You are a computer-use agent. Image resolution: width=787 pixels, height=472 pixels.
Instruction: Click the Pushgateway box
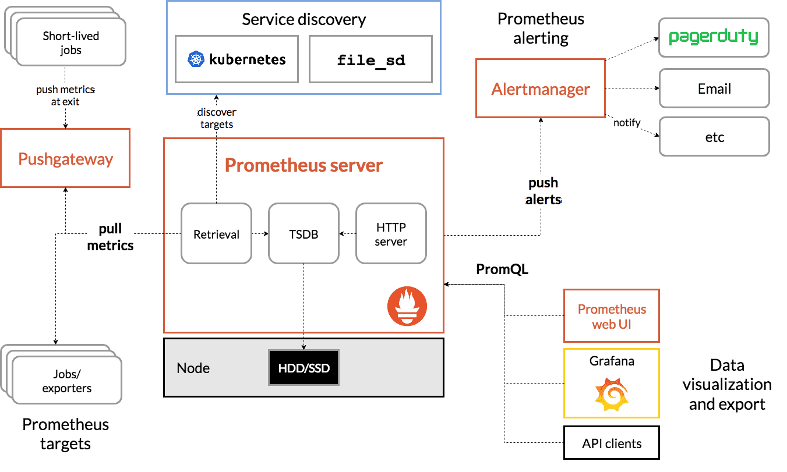[65, 158]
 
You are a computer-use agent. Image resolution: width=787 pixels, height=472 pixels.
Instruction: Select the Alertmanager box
[540, 88]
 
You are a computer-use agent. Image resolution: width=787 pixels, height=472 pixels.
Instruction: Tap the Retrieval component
[216, 233]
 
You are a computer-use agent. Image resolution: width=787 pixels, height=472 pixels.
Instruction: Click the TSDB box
[303, 233]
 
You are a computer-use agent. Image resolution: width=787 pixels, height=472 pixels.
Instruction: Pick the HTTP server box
[391, 233]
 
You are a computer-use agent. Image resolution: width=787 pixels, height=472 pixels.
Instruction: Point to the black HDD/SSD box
[303, 368]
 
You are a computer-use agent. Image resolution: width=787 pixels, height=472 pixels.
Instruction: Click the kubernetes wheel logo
[196, 59]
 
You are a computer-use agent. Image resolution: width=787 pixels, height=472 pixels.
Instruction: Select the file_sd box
[370, 59]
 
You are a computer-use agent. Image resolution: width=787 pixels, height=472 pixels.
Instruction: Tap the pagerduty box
[714, 38]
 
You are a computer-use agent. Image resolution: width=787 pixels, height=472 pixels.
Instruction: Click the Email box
[714, 88]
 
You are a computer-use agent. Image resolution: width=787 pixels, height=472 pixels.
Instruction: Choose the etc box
[714, 137]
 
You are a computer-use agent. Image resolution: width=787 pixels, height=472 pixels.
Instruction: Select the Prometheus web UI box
[611, 316]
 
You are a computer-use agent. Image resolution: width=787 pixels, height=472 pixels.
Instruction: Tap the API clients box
[611, 443]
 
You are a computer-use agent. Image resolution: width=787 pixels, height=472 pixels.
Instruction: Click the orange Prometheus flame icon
[407, 306]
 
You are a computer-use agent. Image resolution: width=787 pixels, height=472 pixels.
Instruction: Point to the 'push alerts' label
[543, 191]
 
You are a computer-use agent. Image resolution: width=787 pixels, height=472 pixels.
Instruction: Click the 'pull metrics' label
[110, 236]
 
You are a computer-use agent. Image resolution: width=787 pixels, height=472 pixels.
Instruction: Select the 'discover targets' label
[216, 118]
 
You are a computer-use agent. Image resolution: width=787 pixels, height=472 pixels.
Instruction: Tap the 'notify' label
[627, 122]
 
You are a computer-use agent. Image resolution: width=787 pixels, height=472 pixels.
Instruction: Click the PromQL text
[502, 269]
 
